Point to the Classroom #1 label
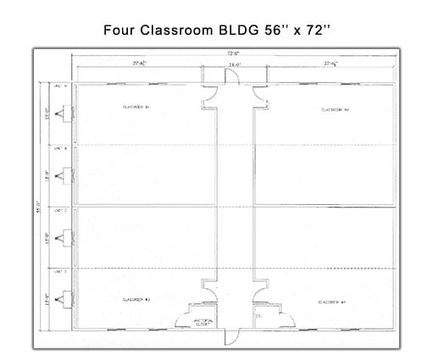[x=136, y=108]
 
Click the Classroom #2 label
[x=335, y=109]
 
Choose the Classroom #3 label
[x=136, y=299]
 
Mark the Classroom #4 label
[x=330, y=302]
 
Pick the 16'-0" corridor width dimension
[x=232, y=64]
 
